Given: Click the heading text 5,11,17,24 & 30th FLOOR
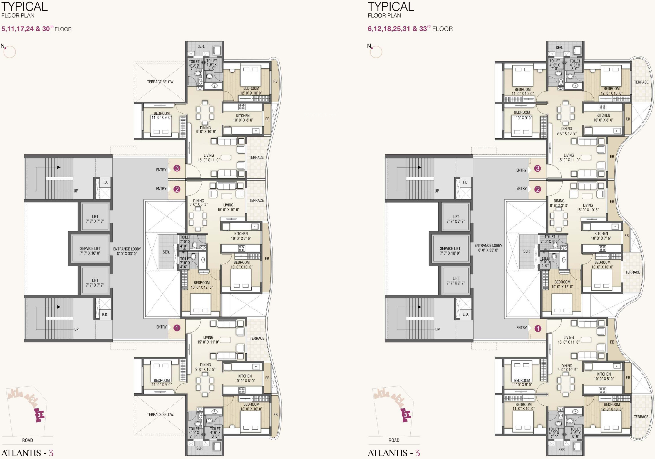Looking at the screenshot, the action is pyautogui.click(x=36, y=29).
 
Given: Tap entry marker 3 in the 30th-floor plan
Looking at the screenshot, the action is pyautogui.click(x=177, y=168).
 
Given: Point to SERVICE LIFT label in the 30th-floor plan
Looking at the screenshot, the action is pyautogui.click(x=90, y=251).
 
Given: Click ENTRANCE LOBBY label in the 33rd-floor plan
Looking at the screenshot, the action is pyautogui.click(x=488, y=248).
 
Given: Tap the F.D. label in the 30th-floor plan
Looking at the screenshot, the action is pyautogui.click(x=105, y=182).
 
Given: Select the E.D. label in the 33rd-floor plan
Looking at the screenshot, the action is pyautogui.click(x=466, y=314).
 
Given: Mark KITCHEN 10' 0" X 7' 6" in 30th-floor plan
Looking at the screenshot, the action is pyautogui.click(x=241, y=236).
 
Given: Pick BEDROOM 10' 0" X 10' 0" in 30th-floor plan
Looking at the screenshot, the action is pyautogui.click(x=242, y=265).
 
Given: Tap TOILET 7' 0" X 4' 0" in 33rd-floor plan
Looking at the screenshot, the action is pyautogui.click(x=550, y=239).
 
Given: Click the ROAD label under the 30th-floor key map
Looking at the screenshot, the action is pyautogui.click(x=28, y=440).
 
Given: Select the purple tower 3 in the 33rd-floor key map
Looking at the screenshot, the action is pyautogui.click(x=405, y=415).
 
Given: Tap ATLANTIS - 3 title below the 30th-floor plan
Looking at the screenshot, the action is pyautogui.click(x=27, y=453).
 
